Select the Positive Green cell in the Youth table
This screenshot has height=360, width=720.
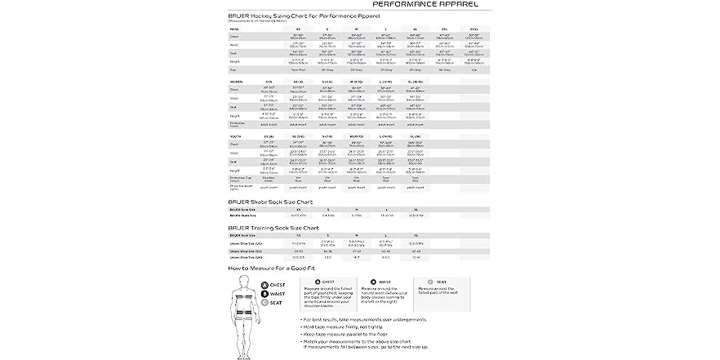[x=269, y=178]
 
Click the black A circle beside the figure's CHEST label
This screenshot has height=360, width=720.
[x=264, y=285]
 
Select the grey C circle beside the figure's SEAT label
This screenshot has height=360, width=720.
[x=264, y=300]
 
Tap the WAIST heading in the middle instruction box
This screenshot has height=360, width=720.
[x=384, y=282]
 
